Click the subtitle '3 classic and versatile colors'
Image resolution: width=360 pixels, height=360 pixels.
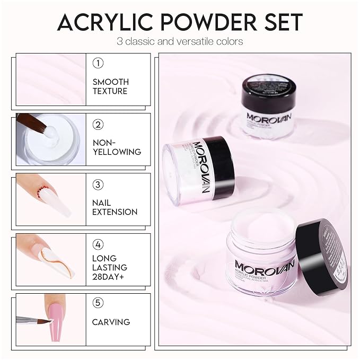(x=180, y=41)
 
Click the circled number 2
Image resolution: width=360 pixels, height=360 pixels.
(x=98, y=125)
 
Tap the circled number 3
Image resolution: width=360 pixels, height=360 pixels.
(x=98, y=185)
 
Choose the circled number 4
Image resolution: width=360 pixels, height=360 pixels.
(x=98, y=245)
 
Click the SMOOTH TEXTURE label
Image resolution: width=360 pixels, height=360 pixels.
(x=110, y=86)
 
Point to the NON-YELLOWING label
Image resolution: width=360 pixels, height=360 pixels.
(x=117, y=147)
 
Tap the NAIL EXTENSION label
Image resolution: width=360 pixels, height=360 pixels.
(x=115, y=207)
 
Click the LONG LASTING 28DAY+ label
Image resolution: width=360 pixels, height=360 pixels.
(x=110, y=267)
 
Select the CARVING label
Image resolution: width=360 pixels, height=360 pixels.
(x=111, y=322)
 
